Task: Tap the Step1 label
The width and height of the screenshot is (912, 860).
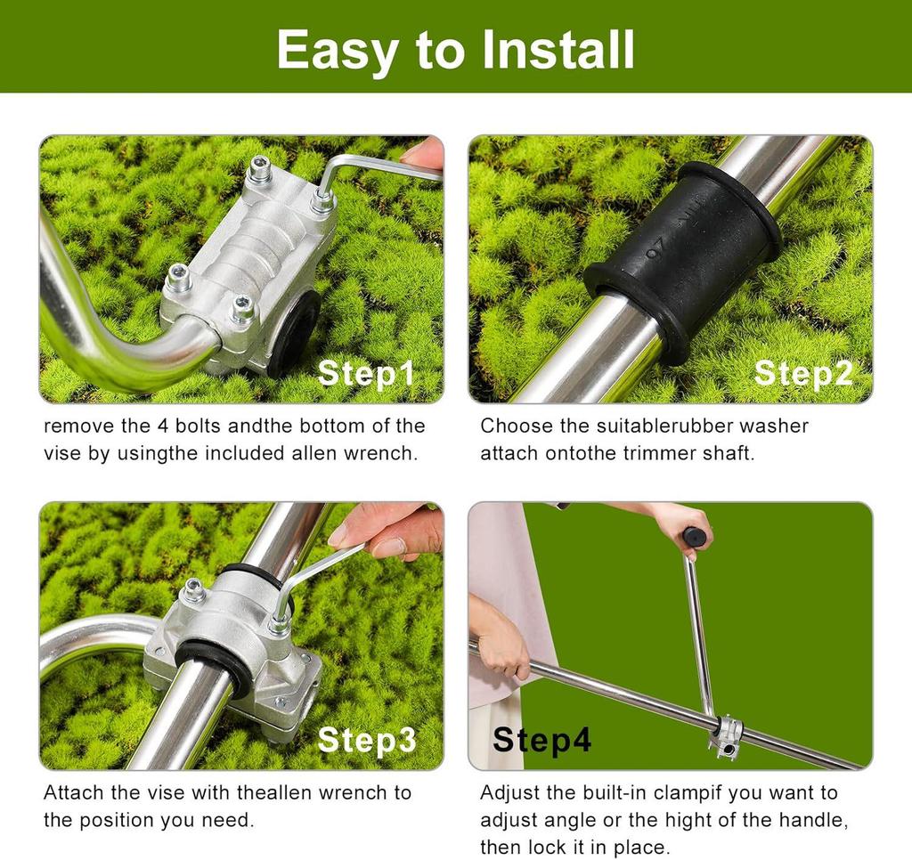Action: (366, 373)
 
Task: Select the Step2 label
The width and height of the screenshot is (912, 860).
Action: (802, 373)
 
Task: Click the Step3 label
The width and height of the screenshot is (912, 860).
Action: (366, 740)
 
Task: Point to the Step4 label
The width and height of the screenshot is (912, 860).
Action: (541, 740)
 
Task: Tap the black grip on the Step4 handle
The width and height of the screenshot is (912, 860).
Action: (695, 537)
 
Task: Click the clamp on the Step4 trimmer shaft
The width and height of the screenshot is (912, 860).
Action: (726, 734)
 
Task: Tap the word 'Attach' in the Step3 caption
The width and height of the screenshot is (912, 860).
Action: (71, 792)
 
